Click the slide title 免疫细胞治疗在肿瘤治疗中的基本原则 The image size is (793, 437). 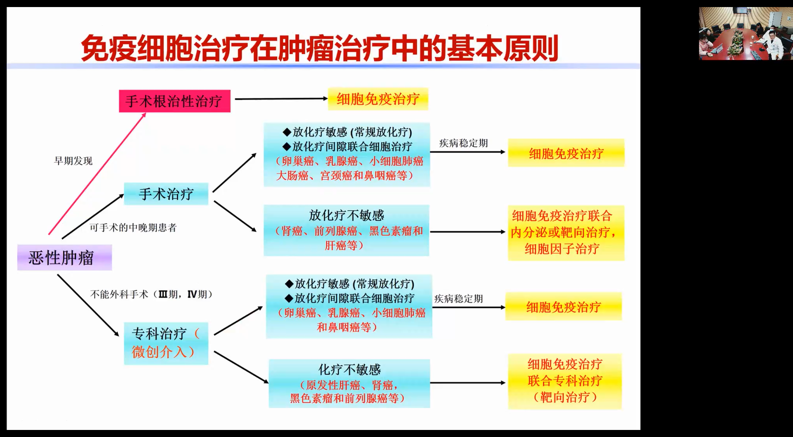(319, 48)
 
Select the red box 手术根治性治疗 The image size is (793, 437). (174, 101)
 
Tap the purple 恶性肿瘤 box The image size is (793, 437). (64, 258)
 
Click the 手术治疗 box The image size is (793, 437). (166, 194)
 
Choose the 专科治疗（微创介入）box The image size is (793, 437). (166, 343)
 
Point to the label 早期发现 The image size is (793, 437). (73, 161)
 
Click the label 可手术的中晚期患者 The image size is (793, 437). (133, 228)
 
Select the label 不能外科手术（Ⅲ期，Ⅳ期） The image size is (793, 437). (151, 294)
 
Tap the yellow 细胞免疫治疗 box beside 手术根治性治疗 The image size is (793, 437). (378, 99)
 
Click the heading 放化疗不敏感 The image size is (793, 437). (346, 215)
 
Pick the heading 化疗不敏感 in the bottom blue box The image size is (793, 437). (349, 369)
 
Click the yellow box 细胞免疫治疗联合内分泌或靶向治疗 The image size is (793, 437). (566, 233)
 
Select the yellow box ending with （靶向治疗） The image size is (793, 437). (565, 381)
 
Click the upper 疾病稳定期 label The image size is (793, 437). (463, 143)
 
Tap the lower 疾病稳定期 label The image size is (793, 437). (459, 299)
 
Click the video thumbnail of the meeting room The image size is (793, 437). (745, 33)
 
